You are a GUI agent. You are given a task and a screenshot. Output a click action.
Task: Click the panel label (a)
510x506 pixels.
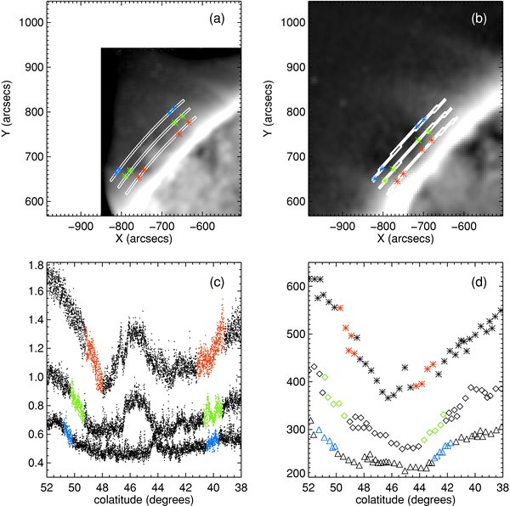click(221, 18)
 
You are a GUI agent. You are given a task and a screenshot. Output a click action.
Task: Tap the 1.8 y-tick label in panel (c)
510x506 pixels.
click(33, 266)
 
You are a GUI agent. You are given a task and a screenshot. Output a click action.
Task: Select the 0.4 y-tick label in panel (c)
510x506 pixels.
click(33, 463)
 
